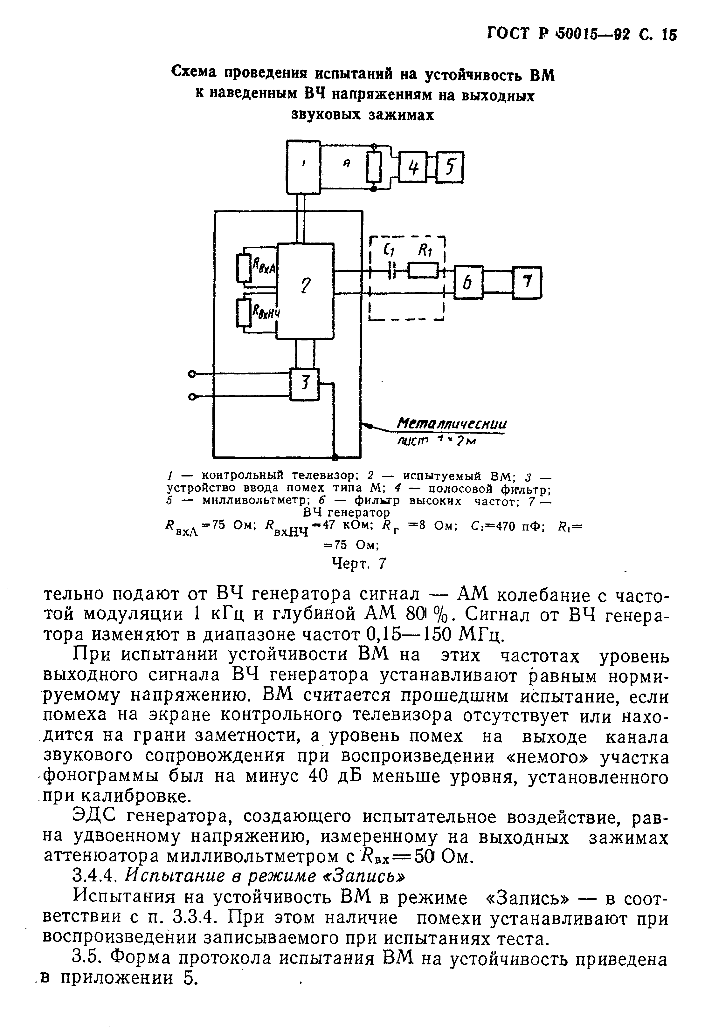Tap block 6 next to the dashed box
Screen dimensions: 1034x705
(x=468, y=283)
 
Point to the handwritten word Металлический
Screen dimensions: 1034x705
(x=452, y=423)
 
